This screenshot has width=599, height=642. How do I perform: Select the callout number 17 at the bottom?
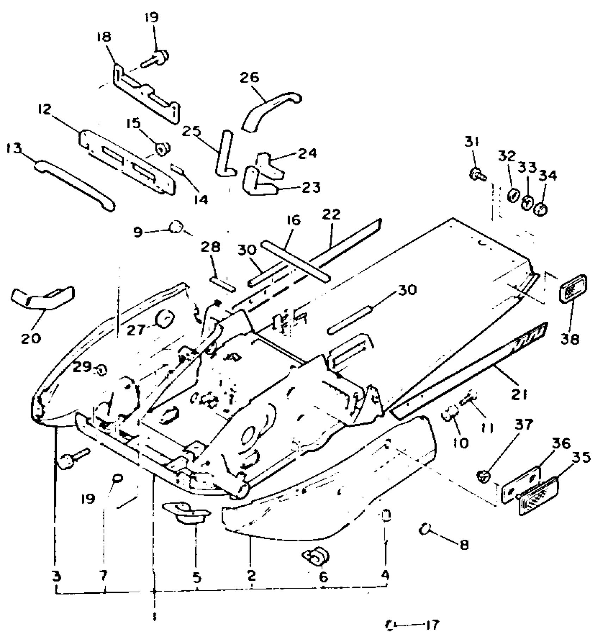[432, 625]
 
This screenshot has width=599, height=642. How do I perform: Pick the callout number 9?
[138, 232]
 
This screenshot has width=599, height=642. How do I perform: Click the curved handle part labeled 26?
[270, 110]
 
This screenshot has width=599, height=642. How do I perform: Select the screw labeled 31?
[477, 173]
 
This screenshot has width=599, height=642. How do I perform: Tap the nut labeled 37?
[484, 477]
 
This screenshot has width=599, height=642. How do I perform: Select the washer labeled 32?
[513, 195]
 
